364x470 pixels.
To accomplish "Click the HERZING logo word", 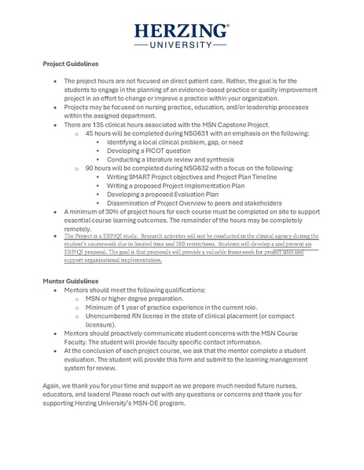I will (182, 31).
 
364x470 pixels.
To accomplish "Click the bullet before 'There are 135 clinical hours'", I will (53, 126).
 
